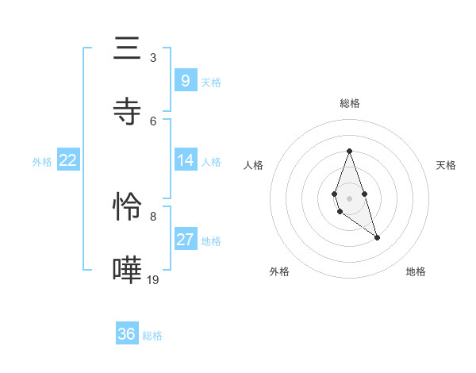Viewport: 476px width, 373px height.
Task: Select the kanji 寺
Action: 127,111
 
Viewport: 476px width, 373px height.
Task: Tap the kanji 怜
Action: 127,206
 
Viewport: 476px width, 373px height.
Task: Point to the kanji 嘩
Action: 127,270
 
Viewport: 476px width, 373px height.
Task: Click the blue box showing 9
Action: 185,80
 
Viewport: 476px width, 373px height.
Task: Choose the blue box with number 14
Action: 185,160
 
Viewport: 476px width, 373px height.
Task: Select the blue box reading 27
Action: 185,240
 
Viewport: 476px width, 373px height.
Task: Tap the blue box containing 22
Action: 67,160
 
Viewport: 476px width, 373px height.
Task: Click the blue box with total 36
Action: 127,334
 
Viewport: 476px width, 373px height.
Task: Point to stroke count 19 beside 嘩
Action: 153,279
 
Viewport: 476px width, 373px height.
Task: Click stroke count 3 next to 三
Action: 153,57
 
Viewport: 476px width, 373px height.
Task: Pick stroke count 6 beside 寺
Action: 153,121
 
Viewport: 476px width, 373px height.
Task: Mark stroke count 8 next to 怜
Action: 153,216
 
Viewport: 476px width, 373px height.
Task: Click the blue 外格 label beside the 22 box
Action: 42,161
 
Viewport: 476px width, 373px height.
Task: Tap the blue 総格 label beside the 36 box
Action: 152,336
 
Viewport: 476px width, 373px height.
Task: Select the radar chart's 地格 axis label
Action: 416,271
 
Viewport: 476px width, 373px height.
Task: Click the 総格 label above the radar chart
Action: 349,103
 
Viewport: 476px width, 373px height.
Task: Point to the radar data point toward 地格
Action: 377,237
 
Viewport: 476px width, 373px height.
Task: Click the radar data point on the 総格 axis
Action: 349,151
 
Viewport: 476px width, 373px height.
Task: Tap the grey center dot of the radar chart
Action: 349,197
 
